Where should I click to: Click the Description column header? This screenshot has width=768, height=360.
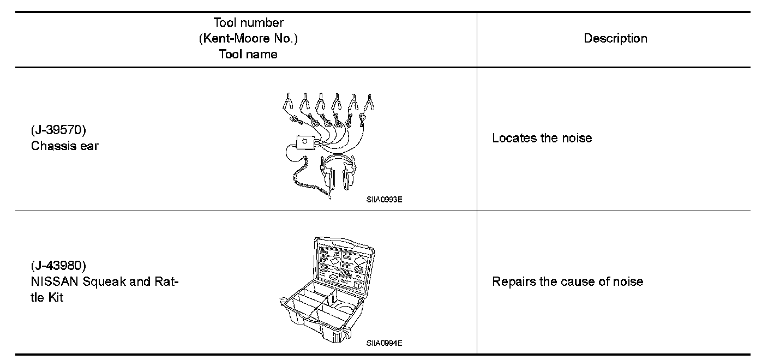pyautogui.click(x=615, y=39)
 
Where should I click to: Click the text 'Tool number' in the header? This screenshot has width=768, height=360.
pyautogui.click(x=248, y=23)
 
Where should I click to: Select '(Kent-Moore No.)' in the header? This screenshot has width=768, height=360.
pyautogui.click(x=248, y=39)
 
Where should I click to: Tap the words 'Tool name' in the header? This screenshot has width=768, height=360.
pyautogui.click(x=248, y=55)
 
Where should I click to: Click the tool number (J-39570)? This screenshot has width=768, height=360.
pyautogui.click(x=58, y=131)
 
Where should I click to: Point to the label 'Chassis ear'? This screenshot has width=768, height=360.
pyautogui.click(x=65, y=146)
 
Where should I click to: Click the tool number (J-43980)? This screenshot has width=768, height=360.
pyautogui.click(x=58, y=266)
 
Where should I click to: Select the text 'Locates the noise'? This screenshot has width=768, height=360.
pyautogui.click(x=542, y=138)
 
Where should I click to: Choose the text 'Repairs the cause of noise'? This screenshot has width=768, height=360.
pyautogui.click(x=567, y=282)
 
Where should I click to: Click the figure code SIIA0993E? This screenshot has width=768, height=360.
pyautogui.click(x=384, y=200)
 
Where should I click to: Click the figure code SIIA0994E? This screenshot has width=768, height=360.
pyautogui.click(x=384, y=343)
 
